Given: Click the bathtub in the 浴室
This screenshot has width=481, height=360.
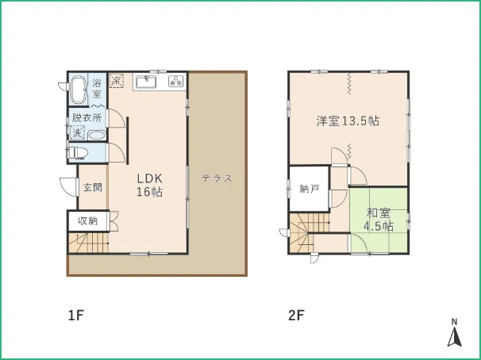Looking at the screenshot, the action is (x=79, y=90).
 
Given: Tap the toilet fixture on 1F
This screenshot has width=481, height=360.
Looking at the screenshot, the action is (x=79, y=152).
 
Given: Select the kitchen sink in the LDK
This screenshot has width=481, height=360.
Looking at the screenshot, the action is (x=146, y=82).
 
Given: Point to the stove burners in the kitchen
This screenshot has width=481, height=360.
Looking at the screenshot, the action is (x=175, y=81).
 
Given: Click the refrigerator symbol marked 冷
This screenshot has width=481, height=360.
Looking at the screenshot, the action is (x=116, y=80).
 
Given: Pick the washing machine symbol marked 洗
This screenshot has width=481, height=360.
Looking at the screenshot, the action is (x=77, y=132).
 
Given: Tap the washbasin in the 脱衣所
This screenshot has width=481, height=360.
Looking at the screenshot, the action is (x=97, y=136).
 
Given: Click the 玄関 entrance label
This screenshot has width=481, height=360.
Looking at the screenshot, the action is (x=93, y=187).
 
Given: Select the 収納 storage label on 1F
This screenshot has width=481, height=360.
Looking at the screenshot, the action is (x=88, y=220).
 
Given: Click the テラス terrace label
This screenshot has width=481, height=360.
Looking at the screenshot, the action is (x=217, y=178).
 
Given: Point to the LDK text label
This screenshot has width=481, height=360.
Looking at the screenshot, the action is (x=149, y=178).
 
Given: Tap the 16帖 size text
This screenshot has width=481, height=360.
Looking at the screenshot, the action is (x=149, y=192).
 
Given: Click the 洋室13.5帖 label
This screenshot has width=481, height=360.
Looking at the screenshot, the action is (x=348, y=121).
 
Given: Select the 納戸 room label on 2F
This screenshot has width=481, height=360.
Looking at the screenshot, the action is (x=310, y=189).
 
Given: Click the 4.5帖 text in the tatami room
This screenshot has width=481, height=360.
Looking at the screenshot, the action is (x=379, y=227).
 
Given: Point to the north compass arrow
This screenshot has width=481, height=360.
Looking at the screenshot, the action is (x=455, y=337).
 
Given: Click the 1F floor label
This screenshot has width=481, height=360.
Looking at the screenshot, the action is (x=75, y=315).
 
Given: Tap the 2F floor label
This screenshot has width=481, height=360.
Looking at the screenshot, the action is (x=297, y=315).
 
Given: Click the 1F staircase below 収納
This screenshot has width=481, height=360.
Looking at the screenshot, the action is (x=88, y=243).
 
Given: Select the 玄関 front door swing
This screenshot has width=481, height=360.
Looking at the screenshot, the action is (x=68, y=187).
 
